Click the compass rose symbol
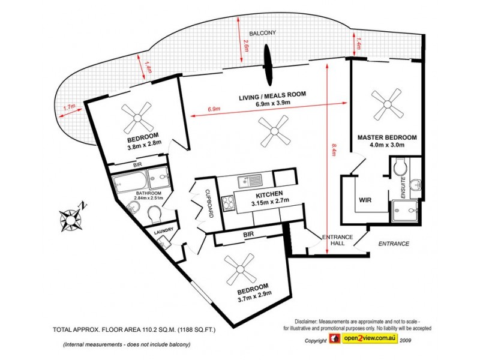click(71, 219)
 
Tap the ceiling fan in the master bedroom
click(386, 104)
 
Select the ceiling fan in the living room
click(274, 131)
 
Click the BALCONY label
click(262, 33)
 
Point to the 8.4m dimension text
click(334, 149)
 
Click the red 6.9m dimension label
click(214, 109)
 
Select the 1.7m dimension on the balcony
click(69, 107)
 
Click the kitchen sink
click(250, 181)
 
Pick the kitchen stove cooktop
click(228, 203)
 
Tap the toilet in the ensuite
click(400, 167)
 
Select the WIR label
click(365, 200)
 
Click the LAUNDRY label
click(163, 231)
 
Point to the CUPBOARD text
click(209, 203)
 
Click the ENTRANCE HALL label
click(337, 241)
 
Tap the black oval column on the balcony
click(268, 65)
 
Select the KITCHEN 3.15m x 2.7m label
click(269, 197)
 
